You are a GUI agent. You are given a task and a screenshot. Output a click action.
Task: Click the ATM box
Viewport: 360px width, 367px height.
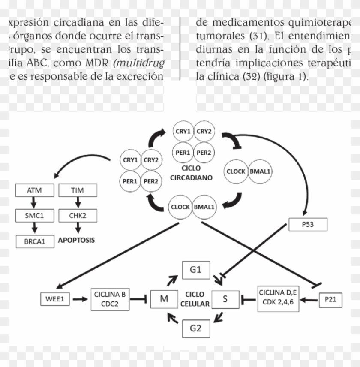coord(34,190)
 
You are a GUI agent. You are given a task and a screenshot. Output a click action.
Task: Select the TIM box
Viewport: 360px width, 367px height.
coord(78,190)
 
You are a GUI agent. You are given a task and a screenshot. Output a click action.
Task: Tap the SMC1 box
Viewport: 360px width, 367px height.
coord(34,215)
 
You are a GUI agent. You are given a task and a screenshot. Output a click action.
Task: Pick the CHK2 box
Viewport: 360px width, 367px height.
coord(78,215)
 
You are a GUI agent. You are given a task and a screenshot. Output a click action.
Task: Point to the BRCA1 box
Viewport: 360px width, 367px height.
coord(35,241)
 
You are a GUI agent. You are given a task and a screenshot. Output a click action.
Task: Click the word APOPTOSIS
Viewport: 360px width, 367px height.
coord(76,240)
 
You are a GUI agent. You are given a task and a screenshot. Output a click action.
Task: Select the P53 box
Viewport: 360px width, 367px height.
coord(308,224)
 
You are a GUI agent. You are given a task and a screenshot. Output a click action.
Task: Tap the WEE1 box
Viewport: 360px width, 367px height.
coord(54,299)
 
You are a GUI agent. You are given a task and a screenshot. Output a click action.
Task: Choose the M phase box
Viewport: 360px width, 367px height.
coord(164,299)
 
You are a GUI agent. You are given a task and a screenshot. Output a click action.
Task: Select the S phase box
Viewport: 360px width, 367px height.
coord(225,299)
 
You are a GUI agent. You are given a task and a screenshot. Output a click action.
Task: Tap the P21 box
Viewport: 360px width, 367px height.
coord(330,299)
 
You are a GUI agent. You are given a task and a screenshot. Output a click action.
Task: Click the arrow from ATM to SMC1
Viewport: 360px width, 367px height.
coord(34,203)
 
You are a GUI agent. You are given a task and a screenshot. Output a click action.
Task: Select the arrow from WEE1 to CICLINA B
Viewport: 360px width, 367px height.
coord(80,299)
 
